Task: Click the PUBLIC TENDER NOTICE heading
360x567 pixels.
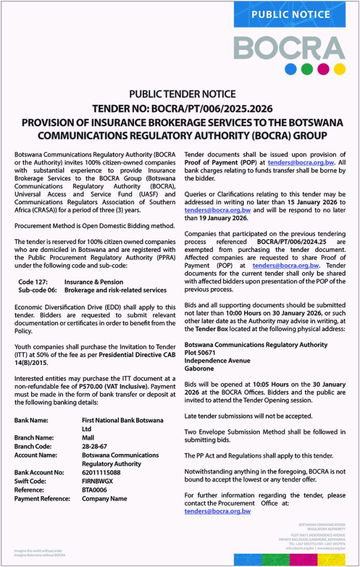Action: [182, 94]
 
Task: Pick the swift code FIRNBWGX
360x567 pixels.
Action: [97, 481]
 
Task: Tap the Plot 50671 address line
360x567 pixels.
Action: [200, 352]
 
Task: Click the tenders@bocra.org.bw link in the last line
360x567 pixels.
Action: [218, 511]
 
